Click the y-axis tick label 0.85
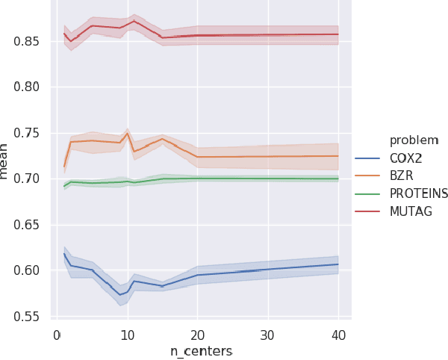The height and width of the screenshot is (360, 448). pos(29,41)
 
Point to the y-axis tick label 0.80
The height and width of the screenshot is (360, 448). pos(29,87)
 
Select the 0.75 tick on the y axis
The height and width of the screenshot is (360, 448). pos(29,133)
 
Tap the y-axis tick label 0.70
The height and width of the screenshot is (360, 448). pos(29,179)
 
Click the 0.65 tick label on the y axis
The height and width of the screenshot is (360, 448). pos(29,225)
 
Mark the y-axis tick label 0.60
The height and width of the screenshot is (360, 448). pos(29,270)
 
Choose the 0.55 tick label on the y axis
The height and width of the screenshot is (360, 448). pos(29,317)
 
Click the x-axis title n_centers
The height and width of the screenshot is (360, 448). pos(201,350)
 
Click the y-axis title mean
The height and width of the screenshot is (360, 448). pos(7,164)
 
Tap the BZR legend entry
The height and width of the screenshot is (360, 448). pos(404,176)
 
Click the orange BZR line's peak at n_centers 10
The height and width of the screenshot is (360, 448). pos(128,133)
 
